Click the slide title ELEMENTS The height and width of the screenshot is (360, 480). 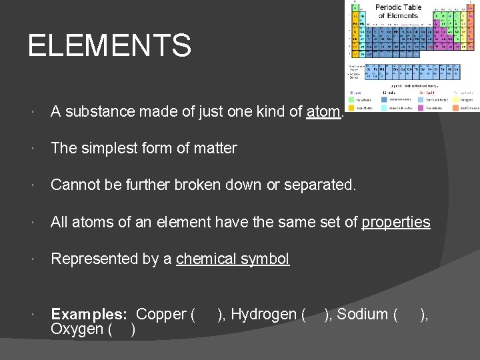pyautogui.click(x=109, y=46)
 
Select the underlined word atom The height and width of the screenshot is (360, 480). pyautogui.click(x=323, y=112)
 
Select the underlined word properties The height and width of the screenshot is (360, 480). pyautogui.click(x=396, y=222)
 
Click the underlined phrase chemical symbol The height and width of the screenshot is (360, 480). pyautogui.click(x=233, y=259)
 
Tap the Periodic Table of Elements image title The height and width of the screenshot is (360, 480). pyautogui.click(x=398, y=11)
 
